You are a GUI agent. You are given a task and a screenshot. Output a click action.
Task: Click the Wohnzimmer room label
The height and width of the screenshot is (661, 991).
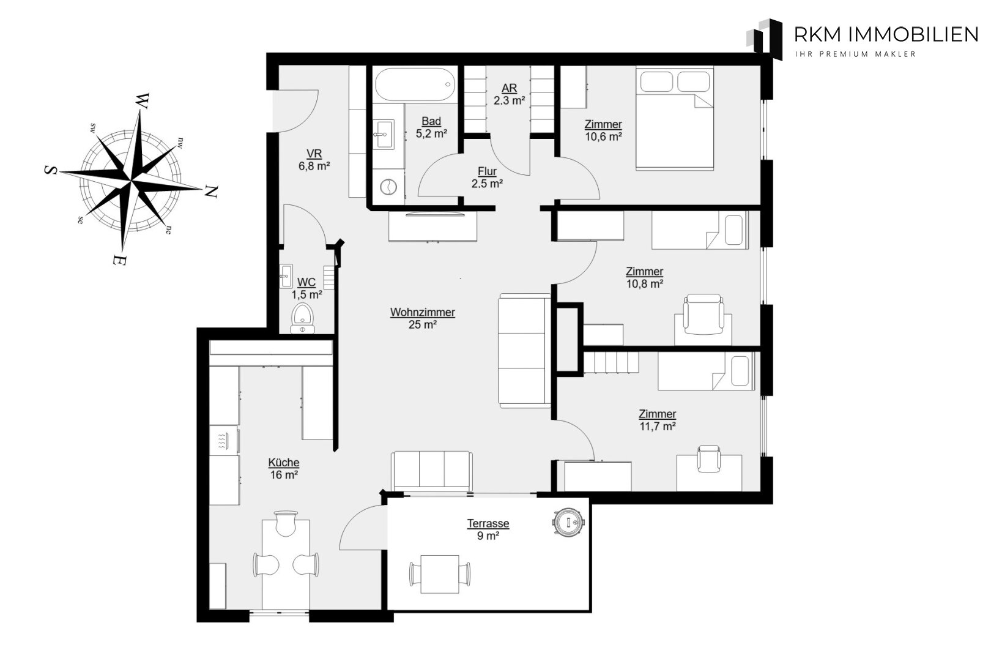point(423,312)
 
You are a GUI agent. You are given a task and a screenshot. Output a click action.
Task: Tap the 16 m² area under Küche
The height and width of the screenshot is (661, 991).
point(284,475)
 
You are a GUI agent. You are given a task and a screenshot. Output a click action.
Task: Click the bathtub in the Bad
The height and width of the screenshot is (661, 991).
point(415,84)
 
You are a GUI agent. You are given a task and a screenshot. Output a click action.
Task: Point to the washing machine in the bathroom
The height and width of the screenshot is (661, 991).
point(388,187)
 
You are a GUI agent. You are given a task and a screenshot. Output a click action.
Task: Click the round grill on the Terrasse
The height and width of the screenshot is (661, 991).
point(568,523)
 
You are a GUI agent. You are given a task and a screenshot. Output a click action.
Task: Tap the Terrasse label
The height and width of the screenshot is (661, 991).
point(488,524)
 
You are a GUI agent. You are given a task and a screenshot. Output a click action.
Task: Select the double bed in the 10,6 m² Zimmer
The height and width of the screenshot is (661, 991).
point(675,118)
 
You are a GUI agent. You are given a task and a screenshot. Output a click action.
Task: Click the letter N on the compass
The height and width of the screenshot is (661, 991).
point(211,191)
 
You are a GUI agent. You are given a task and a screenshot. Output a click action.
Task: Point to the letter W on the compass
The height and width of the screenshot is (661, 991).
point(143,101)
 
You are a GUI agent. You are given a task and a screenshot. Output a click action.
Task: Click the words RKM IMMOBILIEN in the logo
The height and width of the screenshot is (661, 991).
point(886,34)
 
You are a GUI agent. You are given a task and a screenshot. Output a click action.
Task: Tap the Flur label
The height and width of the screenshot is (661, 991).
point(487,171)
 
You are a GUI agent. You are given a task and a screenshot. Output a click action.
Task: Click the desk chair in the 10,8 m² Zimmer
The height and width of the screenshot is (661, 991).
point(703,315)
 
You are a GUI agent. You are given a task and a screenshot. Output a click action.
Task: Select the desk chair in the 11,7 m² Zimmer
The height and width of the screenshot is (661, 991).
point(709,458)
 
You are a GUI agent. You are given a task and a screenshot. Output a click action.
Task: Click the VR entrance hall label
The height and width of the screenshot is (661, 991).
point(314,154)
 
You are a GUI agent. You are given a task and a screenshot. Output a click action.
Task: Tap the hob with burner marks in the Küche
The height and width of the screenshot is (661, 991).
point(224,441)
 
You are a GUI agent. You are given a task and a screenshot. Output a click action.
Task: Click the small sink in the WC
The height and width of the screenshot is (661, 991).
point(286,276)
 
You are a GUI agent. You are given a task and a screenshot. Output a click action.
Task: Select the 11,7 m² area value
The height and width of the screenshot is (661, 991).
point(658,427)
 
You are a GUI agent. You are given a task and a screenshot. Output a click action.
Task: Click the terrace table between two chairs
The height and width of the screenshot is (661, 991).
point(440,574)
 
